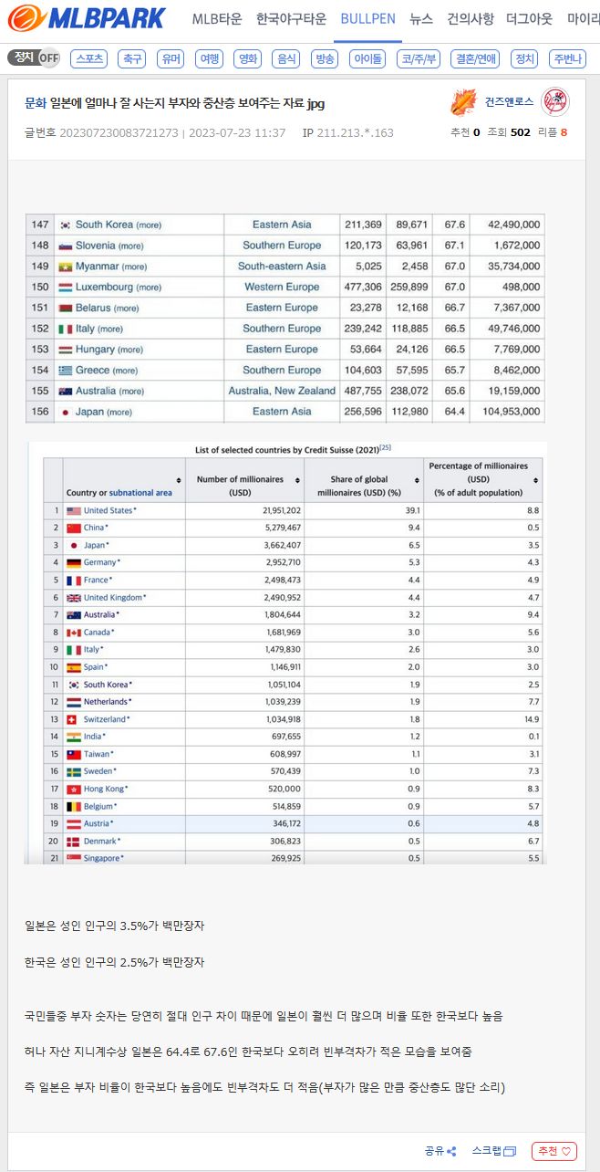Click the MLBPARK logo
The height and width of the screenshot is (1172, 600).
(88, 17)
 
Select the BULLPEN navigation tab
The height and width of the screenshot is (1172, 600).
(367, 18)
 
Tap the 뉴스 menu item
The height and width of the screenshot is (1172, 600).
(421, 18)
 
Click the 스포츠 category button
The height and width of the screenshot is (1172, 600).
(89, 58)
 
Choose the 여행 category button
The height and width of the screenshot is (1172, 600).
(210, 58)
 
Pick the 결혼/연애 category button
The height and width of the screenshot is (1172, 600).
(476, 58)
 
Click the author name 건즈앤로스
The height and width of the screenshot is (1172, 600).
(509, 101)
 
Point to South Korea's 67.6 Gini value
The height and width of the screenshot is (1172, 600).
(454, 225)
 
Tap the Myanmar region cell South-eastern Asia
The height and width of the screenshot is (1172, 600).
(282, 267)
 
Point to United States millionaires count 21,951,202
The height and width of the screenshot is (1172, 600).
(269, 510)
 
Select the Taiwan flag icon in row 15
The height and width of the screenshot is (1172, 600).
(74, 754)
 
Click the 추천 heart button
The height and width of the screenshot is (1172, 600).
(554, 1151)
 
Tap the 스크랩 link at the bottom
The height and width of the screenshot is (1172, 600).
(493, 1151)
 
